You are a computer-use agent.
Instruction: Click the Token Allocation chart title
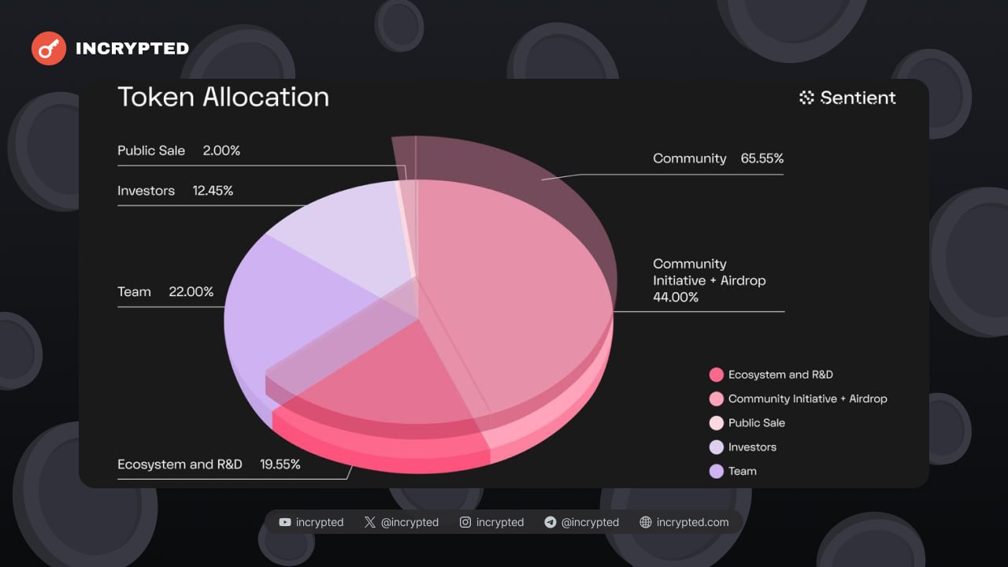(x=223, y=97)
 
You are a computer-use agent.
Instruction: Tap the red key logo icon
(x=49, y=49)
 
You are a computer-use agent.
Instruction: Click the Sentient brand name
(x=858, y=98)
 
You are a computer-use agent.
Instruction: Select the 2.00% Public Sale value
(x=221, y=150)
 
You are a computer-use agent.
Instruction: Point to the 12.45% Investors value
(x=213, y=191)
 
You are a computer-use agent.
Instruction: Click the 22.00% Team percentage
(x=191, y=291)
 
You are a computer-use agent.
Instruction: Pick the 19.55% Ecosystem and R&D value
(x=280, y=464)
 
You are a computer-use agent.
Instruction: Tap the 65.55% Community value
(x=762, y=158)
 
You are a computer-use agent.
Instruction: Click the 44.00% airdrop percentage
(x=676, y=297)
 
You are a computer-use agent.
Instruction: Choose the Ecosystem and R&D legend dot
(x=716, y=375)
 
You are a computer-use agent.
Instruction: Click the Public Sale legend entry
(x=756, y=423)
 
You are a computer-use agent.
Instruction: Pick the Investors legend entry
(x=752, y=447)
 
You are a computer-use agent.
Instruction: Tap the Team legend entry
(x=742, y=471)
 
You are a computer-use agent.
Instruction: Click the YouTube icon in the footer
(x=285, y=522)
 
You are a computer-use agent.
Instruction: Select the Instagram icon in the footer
(x=465, y=522)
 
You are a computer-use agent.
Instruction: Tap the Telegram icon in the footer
(x=550, y=522)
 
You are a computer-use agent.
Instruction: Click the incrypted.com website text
(x=692, y=522)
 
